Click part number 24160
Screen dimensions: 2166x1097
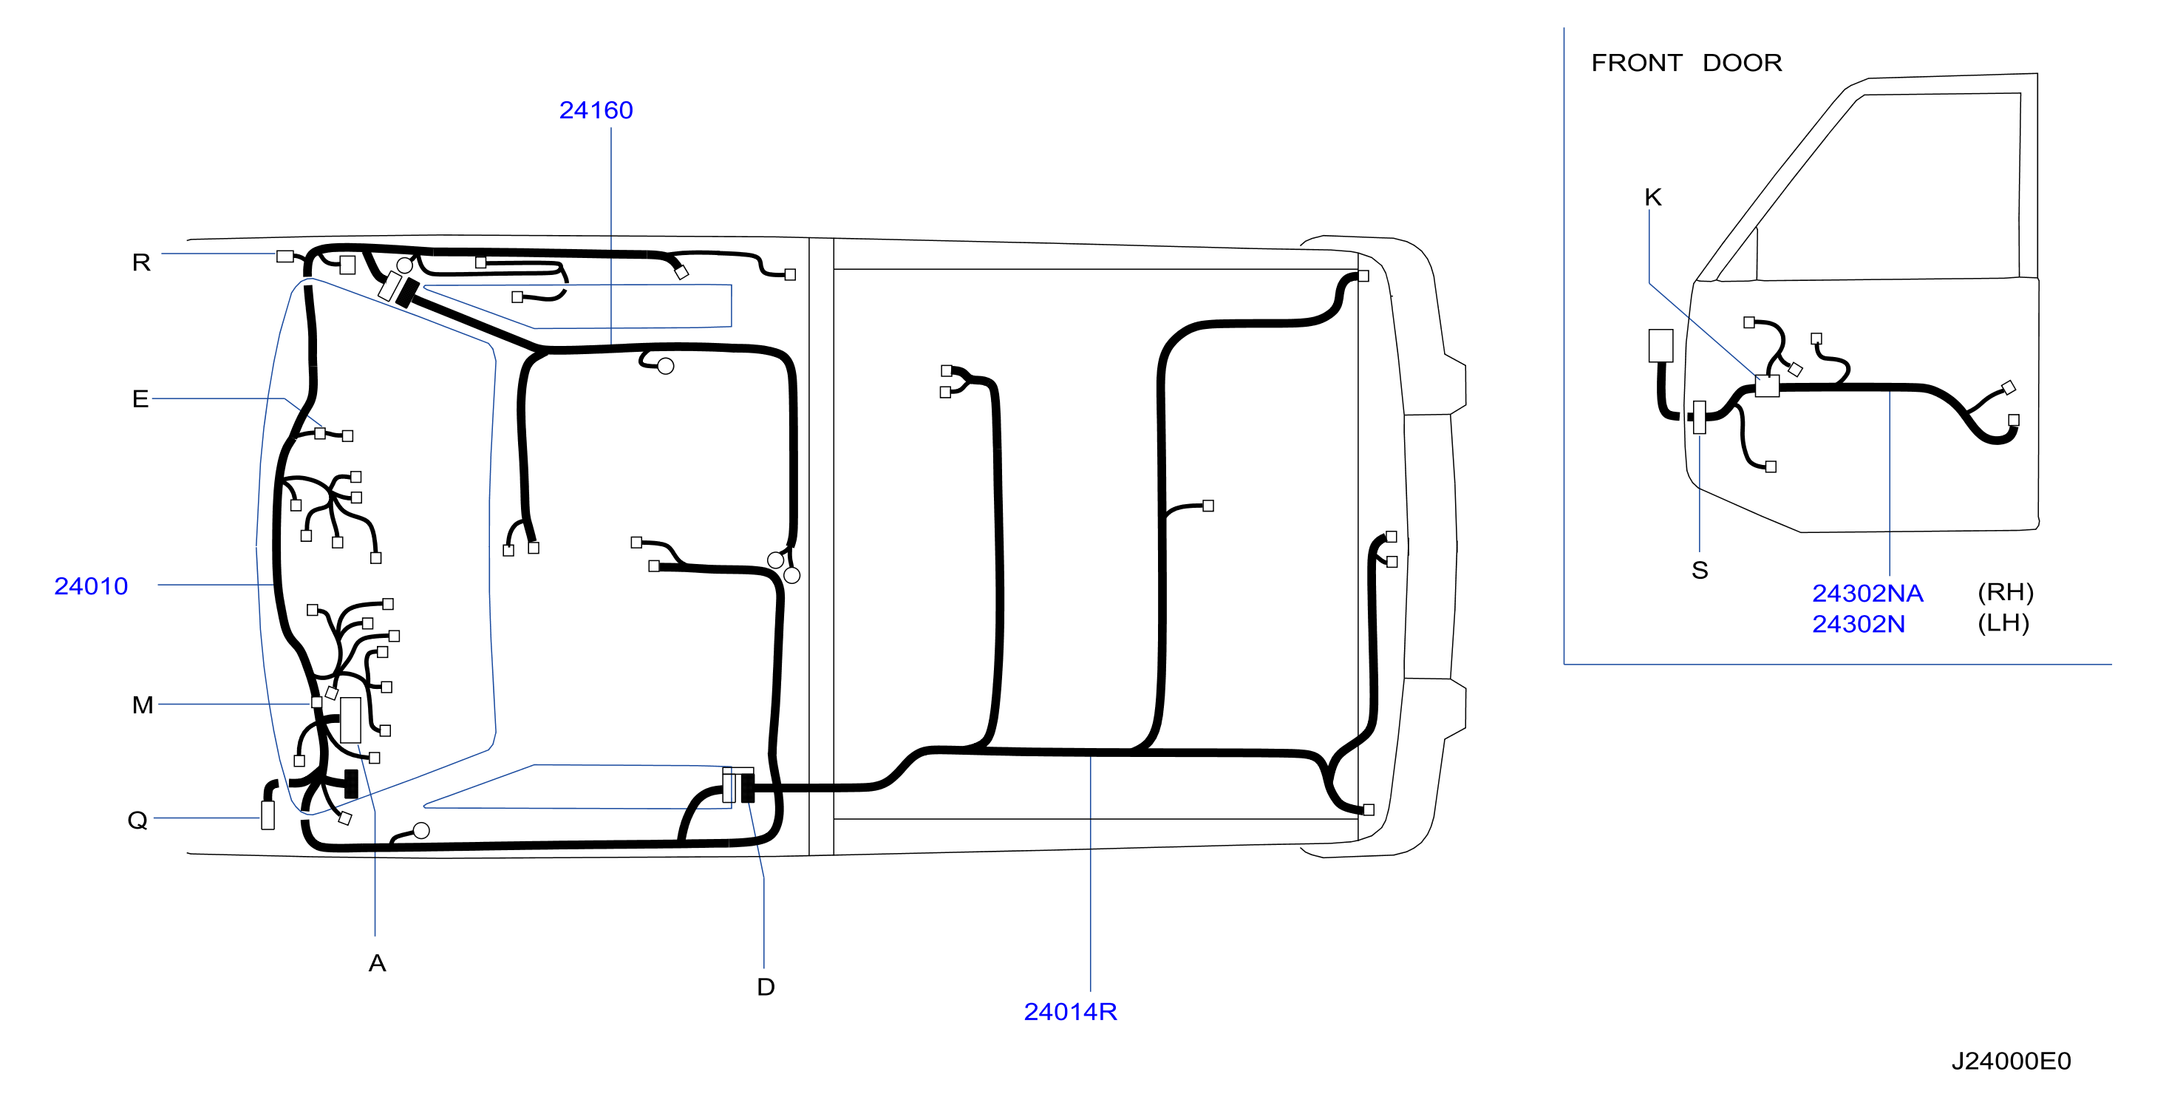(x=596, y=110)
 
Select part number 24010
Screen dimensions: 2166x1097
(x=91, y=585)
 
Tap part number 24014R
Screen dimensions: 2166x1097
(x=1070, y=1011)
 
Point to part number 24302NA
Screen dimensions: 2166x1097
(x=1867, y=593)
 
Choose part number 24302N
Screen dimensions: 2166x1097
(x=1859, y=624)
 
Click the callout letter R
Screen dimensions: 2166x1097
(x=141, y=262)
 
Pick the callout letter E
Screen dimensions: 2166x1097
(x=140, y=398)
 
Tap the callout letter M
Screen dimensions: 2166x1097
(x=143, y=705)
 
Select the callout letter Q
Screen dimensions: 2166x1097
(x=138, y=821)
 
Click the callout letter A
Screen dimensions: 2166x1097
(x=378, y=963)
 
